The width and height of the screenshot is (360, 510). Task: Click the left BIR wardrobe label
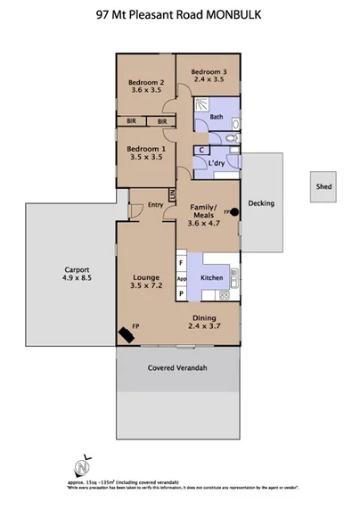pos(131,120)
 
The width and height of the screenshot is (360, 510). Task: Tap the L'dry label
pos(216,164)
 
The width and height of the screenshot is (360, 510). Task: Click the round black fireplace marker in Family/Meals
pos(235,212)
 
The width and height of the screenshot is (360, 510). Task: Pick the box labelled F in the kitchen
pos(181,263)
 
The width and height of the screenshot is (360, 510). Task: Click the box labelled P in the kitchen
pos(181,293)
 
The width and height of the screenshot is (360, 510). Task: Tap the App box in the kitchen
pos(181,278)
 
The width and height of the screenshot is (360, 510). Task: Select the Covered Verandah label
pos(178,366)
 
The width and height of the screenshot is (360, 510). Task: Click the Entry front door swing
pos(136,210)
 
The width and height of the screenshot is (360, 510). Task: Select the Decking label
pos(261,203)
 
